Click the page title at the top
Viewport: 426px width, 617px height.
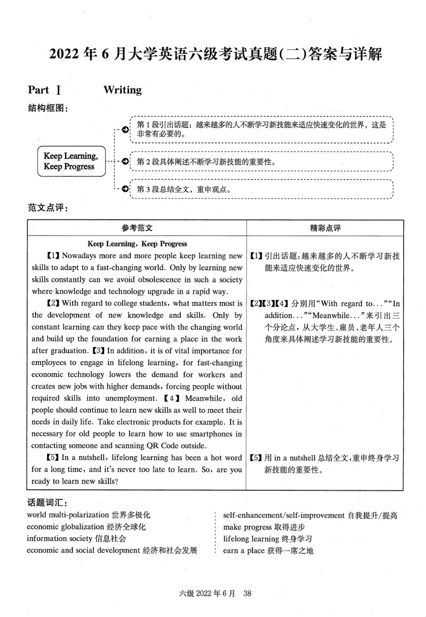click(x=215, y=54)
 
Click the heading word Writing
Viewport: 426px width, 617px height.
click(x=122, y=90)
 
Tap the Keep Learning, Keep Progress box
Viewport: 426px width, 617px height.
click(x=70, y=161)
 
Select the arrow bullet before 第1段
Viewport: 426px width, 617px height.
click(x=126, y=129)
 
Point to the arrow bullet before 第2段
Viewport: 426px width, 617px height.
click(x=126, y=161)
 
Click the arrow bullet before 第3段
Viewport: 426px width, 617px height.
click(x=126, y=189)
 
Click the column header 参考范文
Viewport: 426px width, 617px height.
click(x=137, y=228)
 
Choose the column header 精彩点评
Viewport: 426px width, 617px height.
click(x=325, y=228)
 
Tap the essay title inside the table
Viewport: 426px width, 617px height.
click(x=137, y=244)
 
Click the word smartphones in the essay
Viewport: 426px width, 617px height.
click(x=211, y=434)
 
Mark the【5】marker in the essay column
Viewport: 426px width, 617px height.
click(x=52, y=458)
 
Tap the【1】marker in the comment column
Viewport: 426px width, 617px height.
click(x=256, y=256)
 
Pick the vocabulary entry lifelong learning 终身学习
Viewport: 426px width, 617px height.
click(x=267, y=539)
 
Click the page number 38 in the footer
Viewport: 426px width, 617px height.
click(x=247, y=593)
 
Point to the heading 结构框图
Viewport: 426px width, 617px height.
click(x=48, y=108)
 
